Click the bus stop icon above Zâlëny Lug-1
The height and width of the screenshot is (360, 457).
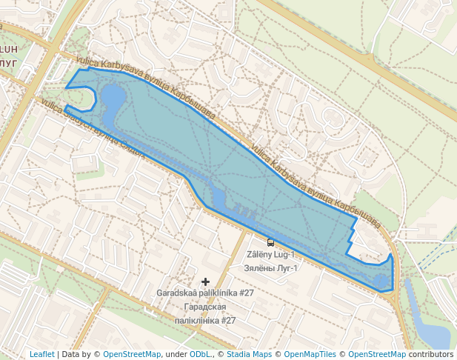coord(270,242)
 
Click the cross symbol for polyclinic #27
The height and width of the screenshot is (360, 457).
coord(206,281)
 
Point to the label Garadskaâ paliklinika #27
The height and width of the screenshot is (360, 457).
coord(205,293)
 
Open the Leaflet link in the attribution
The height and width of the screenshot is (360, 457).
coord(41,354)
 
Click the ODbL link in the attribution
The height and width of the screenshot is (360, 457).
coord(200,354)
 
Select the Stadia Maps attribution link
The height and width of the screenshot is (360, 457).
coord(249,354)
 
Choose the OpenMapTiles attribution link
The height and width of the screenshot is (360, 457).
coord(310,354)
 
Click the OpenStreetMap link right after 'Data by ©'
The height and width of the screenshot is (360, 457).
coord(131,354)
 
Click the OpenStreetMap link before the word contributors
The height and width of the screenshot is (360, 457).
coord(377,354)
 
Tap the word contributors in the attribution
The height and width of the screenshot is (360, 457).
coord(431,354)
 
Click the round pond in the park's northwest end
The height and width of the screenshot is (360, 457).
coord(113,97)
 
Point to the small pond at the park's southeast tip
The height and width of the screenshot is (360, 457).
coord(381,281)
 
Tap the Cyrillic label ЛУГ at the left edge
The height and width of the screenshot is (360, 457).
coord(8,64)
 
